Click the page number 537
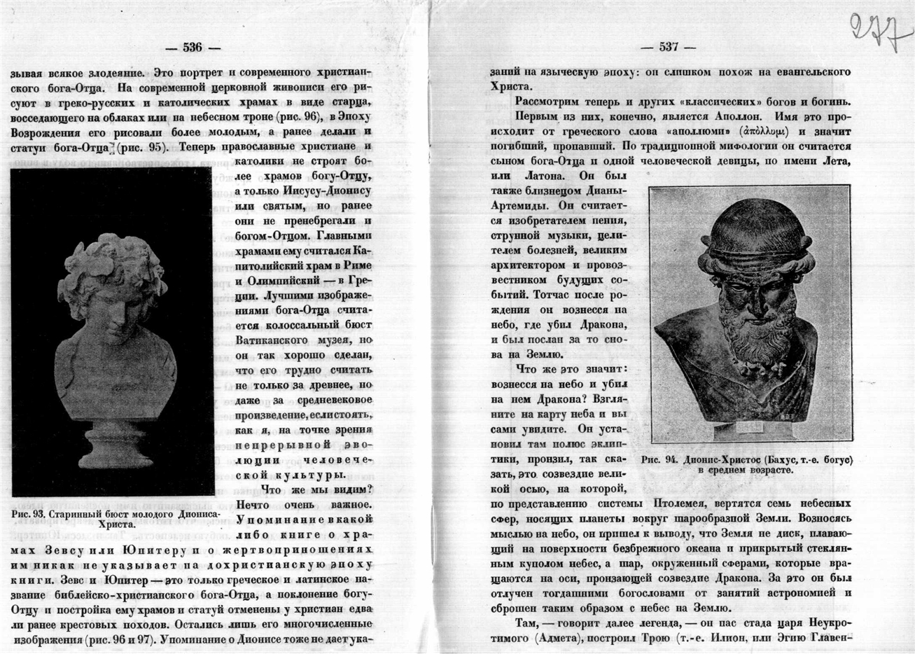669,48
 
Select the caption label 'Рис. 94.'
659,460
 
